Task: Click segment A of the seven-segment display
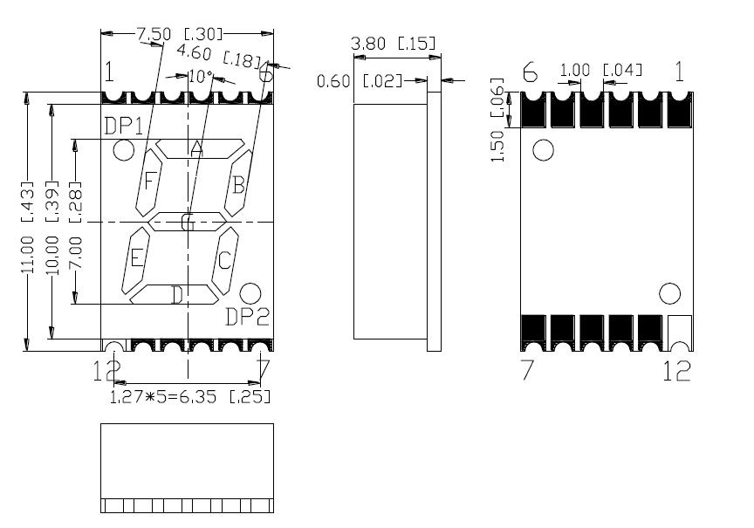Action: (199, 148)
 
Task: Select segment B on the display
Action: (237, 184)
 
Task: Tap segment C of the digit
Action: (224, 259)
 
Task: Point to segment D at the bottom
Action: (175, 295)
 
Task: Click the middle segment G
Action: (187, 223)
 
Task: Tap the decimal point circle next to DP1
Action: (124, 151)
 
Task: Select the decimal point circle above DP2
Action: (250, 293)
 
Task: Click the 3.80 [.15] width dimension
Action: (393, 44)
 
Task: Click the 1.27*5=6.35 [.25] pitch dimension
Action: (189, 397)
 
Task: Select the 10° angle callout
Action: (200, 77)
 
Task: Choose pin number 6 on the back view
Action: (530, 73)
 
